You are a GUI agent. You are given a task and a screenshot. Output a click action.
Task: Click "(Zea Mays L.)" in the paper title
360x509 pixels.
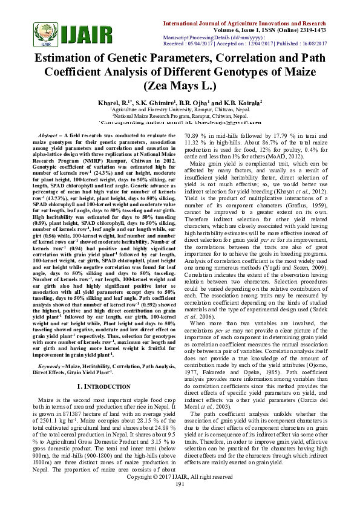pos(180,85)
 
